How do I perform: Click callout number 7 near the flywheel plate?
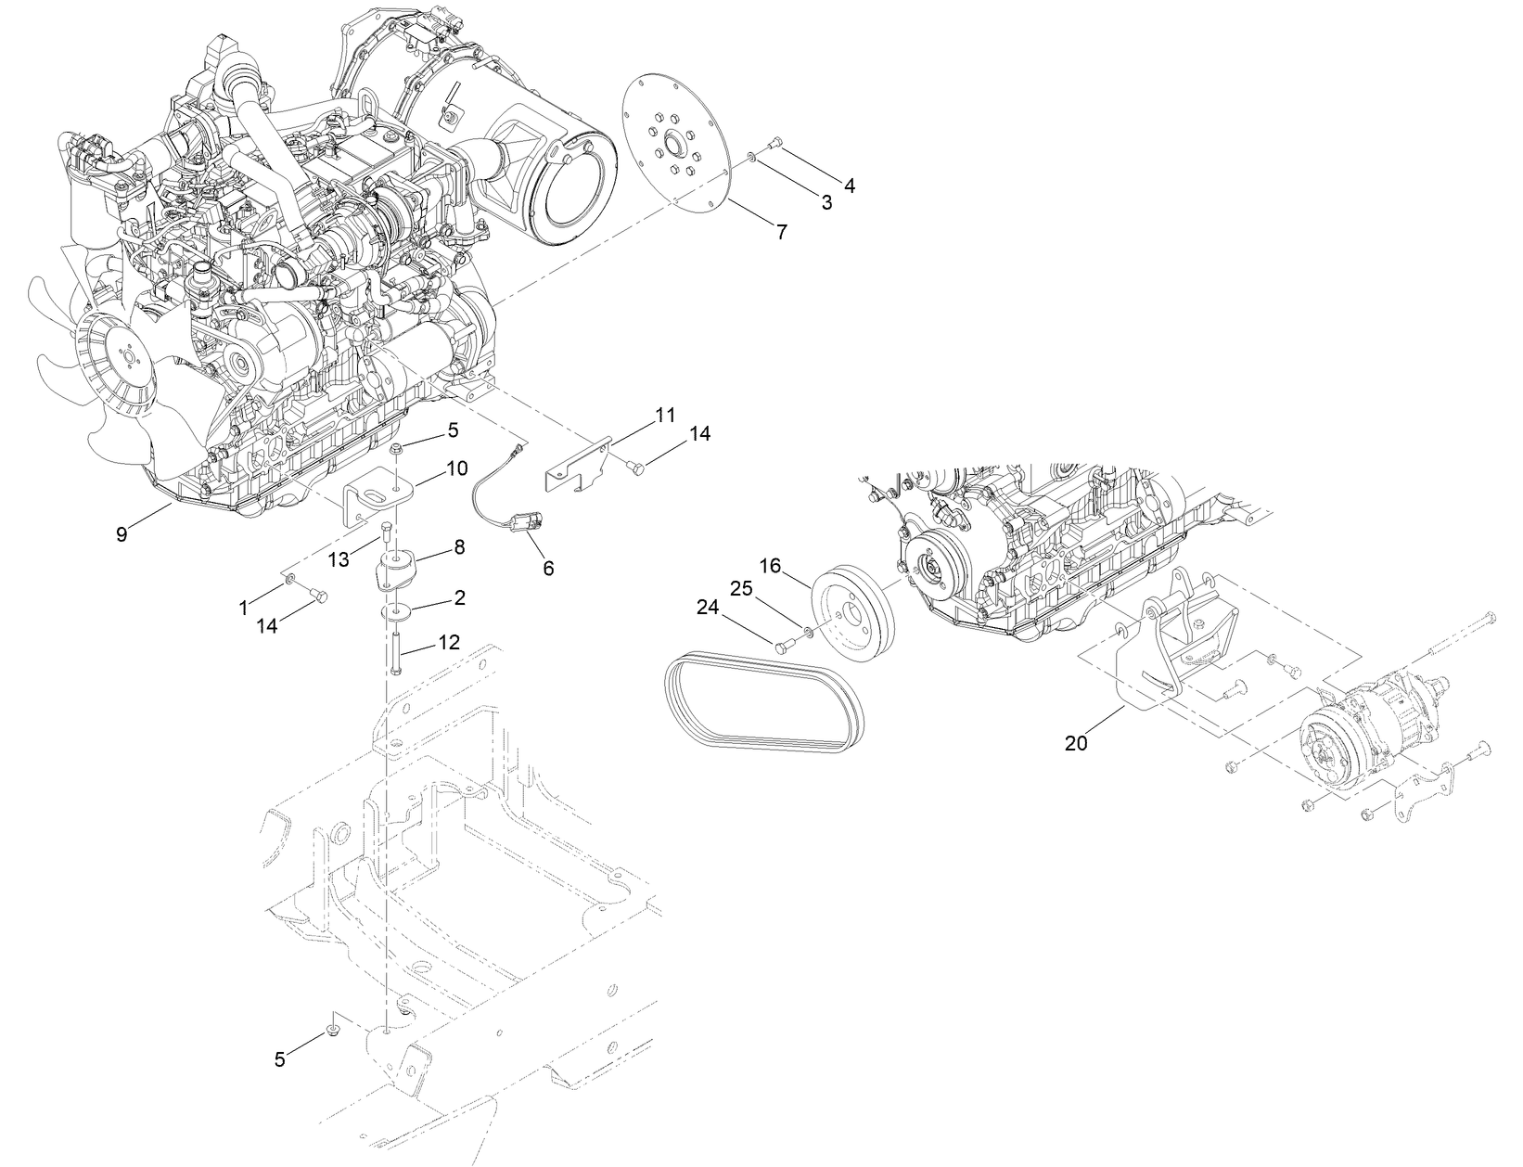pos(781,232)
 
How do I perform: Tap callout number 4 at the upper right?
pos(848,186)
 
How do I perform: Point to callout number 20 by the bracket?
pos(1076,743)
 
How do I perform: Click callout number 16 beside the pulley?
pos(772,565)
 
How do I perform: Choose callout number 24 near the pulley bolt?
pos(708,608)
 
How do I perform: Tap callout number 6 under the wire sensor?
pos(548,568)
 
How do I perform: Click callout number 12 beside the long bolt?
pos(448,642)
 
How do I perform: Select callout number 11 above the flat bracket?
pos(664,415)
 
